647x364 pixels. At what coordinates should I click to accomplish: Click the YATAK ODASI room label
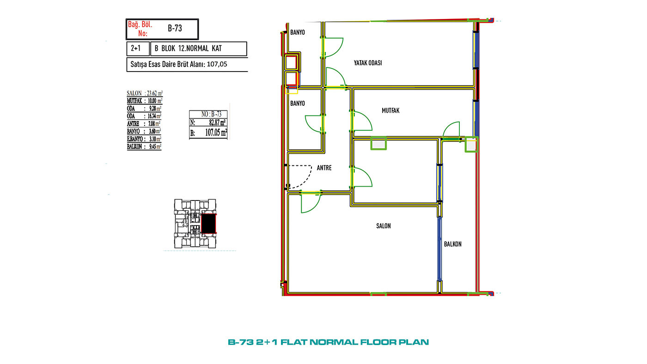tap(368, 63)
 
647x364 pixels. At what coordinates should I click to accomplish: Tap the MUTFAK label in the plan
tap(391, 110)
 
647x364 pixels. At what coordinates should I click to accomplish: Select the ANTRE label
tap(324, 168)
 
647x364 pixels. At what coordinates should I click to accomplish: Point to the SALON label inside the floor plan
tap(383, 226)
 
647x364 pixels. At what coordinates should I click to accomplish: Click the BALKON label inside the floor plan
tap(452, 244)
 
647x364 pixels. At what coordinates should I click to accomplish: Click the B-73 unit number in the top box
tap(175, 28)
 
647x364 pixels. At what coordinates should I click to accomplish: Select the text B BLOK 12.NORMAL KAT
tap(188, 49)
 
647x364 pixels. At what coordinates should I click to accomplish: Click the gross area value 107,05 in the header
tap(217, 64)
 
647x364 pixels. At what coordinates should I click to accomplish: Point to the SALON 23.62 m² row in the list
tap(145, 93)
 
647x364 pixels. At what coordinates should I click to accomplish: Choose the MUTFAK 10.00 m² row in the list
tap(145, 101)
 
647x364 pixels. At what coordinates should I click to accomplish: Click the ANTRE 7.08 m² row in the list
tap(144, 123)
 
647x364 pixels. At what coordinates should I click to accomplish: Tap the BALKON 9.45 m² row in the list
tap(144, 146)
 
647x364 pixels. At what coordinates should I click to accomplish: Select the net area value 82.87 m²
tap(217, 122)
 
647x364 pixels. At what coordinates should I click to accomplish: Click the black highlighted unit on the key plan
tap(208, 224)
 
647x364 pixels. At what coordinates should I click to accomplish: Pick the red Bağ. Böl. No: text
tap(140, 29)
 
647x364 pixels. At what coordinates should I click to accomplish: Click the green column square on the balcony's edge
tap(471, 145)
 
